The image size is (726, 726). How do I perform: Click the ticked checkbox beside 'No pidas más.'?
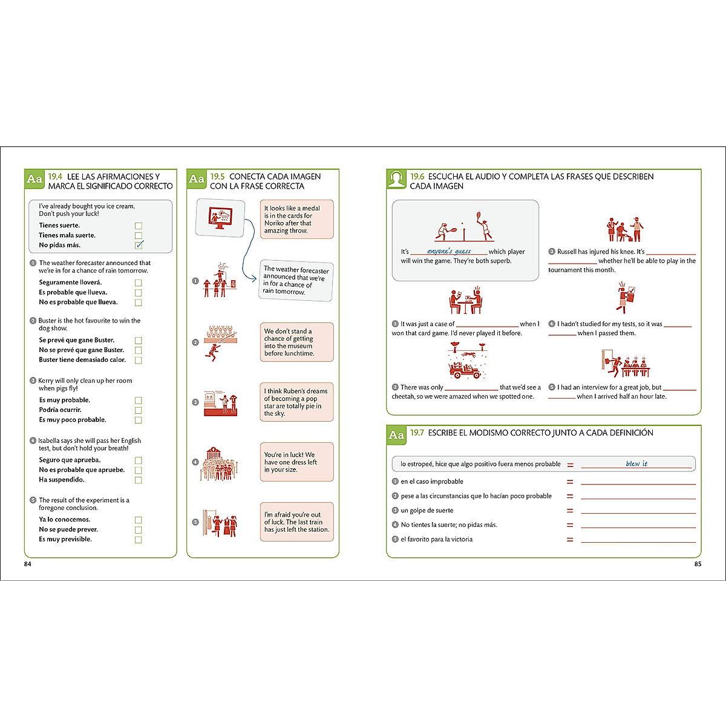pyautogui.click(x=139, y=245)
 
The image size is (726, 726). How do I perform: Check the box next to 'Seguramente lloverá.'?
pyautogui.click(x=139, y=283)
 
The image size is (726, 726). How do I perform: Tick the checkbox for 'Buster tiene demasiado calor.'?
pyautogui.click(x=139, y=360)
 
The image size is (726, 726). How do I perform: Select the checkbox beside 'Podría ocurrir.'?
pyautogui.click(x=139, y=410)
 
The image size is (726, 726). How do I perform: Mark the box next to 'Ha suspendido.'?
pyautogui.click(x=139, y=480)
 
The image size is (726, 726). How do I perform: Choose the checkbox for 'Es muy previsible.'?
pyautogui.click(x=139, y=540)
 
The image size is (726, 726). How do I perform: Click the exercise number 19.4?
pyautogui.click(x=55, y=177)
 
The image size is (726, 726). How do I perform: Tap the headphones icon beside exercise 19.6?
pyautogui.click(x=396, y=178)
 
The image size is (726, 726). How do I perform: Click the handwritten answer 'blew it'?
pyautogui.click(x=636, y=463)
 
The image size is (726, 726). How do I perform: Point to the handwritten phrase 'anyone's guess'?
pyautogui.click(x=449, y=251)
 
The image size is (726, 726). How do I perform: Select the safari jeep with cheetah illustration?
pyautogui.click(x=466, y=362)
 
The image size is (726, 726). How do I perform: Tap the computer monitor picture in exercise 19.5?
pyautogui.click(x=219, y=218)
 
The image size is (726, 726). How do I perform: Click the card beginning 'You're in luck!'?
pyautogui.click(x=296, y=462)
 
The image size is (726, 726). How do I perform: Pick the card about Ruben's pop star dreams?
pyautogui.click(x=296, y=402)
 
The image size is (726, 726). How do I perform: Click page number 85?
pyautogui.click(x=698, y=564)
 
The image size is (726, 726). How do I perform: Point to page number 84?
pyautogui.click(x=27, y=564)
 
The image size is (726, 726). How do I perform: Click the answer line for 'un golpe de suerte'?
pyautogui.click(x=638, y=512)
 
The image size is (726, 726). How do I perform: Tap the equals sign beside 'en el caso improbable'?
pyautogui.click(x=569, y=482)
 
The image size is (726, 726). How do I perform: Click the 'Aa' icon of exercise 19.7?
pyautogui.click(x=396, y=435)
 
